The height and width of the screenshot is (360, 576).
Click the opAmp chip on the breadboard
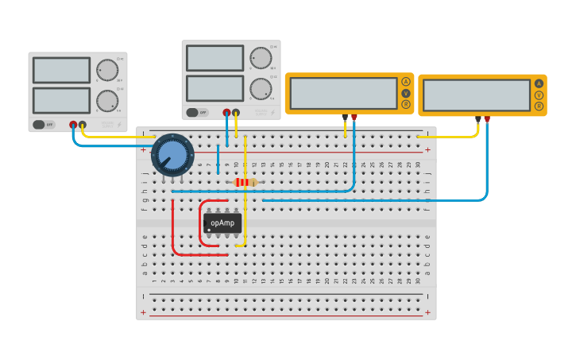pyautogui.click(x=222, y=223)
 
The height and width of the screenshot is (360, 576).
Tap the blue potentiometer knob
pyautogui.click(x=172, y=154)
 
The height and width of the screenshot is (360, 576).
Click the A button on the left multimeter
pyautogui.click(x=406, y=82)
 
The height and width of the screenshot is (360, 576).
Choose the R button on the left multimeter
pyautogui.click(x=406, y=104)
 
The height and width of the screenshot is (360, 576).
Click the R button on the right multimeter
pyautogui.click(x=539, y=106)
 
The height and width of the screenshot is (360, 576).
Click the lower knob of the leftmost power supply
pyautogui.click(x=106, y=101)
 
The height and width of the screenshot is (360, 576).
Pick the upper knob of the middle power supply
pyautogui.click(x=260, y=58)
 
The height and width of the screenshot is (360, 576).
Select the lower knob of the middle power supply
pyautogui.click(x=260, y=88)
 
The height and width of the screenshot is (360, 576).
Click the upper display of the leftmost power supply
pyautogui.click(x=61, y=70)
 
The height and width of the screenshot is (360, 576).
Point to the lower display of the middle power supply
pyautogui.click(x=215, y=88)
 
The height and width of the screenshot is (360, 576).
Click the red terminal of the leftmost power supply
pyautogui.click(x=73, y=125)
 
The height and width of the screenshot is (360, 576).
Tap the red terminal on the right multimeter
pyautogui.click(x=487, y=119)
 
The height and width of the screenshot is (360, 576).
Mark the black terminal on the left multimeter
pyautogui.click(x=345, y=118)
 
